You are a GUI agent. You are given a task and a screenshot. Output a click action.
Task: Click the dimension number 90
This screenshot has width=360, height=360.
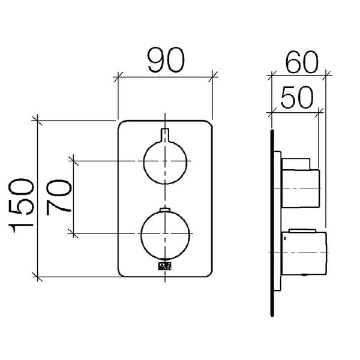(166, 60)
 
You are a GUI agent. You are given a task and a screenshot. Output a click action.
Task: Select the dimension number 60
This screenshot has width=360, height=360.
(302, 62)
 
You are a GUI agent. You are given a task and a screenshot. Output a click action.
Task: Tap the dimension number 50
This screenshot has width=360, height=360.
(296, 97)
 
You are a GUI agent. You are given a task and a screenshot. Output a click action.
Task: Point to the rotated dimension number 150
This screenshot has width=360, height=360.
(21, 205)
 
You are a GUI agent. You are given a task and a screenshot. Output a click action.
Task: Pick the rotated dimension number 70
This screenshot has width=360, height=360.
(59, 197)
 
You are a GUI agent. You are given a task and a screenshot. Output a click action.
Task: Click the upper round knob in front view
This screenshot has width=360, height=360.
(166, 161)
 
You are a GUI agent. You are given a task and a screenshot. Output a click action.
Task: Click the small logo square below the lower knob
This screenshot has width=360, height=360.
(165, 266)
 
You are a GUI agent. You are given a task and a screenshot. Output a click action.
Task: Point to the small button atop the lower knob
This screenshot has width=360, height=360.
(165, 209)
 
